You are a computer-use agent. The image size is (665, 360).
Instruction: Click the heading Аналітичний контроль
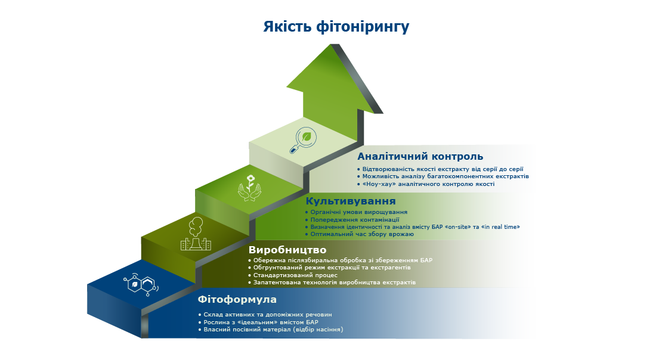pyautogui.click(x=420, y=157)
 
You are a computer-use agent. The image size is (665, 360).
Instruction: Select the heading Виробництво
pyautogui.click(x=287, y=250)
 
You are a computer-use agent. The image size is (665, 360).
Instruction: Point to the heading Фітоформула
pyautogui.click(x=237, y=299)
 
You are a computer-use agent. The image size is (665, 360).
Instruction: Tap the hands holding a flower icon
pyautogui.click(x=250, y=187)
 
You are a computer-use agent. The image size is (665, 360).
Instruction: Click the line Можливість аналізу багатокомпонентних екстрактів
pyautogui.click(x=445, y=176)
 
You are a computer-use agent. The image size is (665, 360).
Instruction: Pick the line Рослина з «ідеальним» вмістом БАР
pyautogui.click(x=261, y=322)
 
